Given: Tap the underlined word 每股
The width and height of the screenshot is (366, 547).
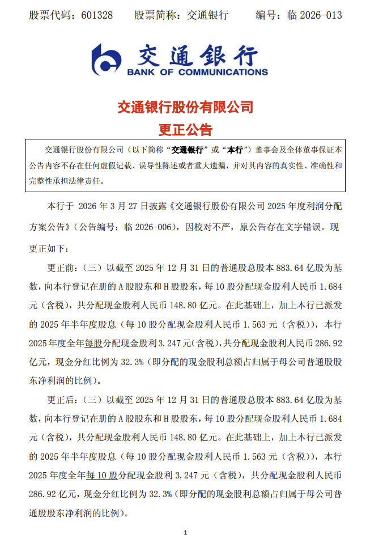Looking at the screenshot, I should (93, 342).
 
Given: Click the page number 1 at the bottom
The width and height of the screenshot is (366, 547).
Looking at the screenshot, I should (185, 532).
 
